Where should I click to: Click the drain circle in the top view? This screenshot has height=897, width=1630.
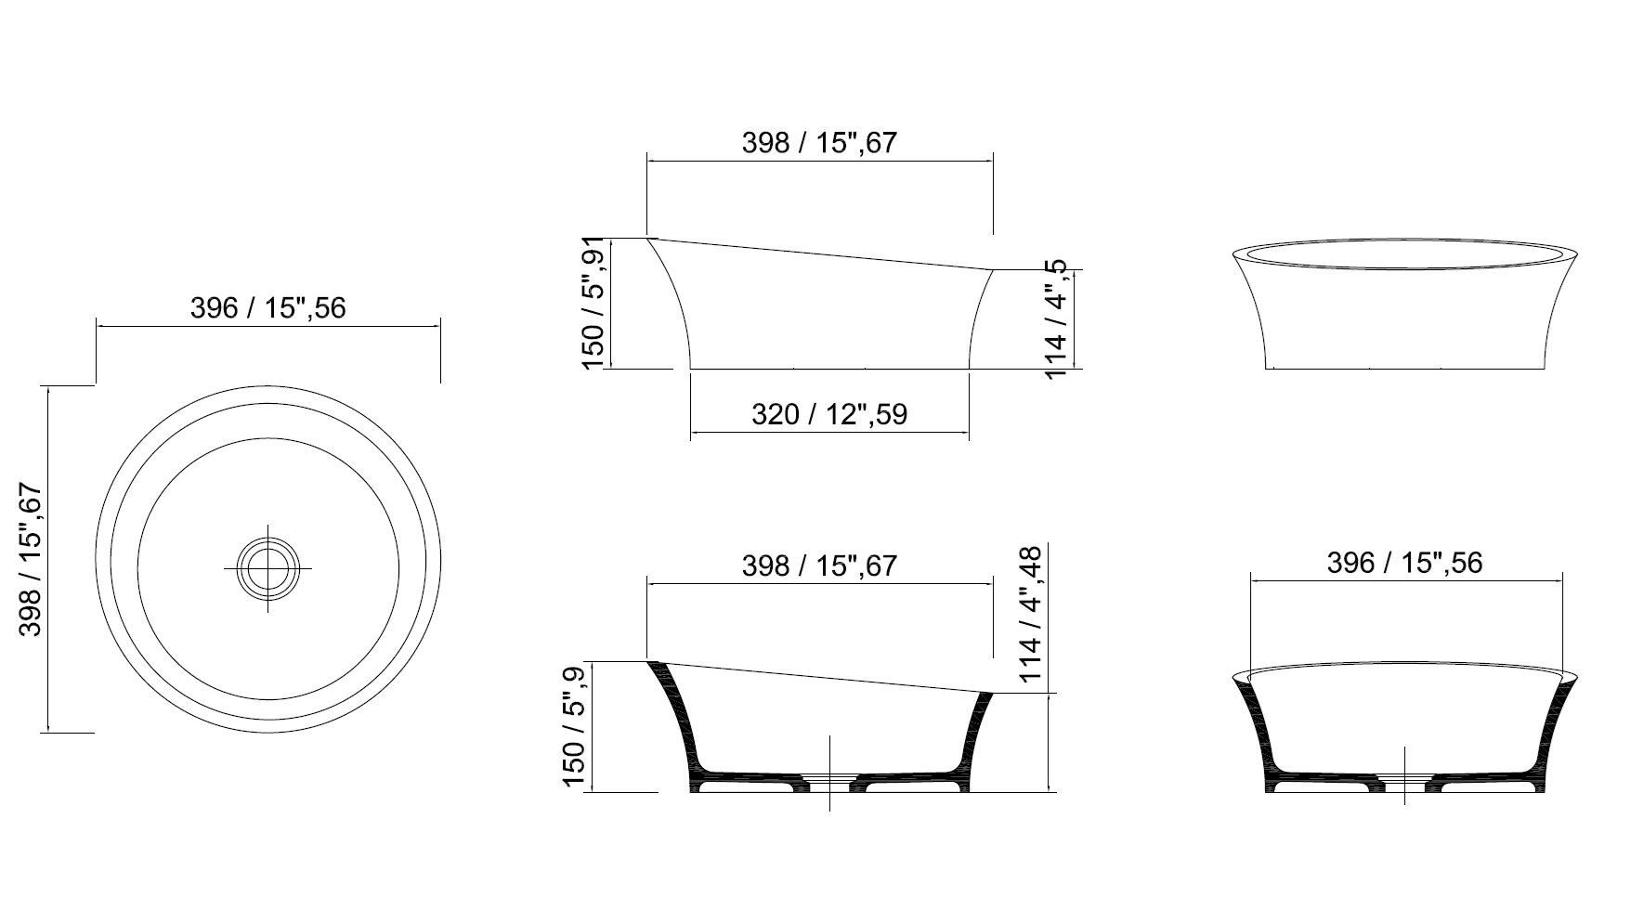(x=268, y=567)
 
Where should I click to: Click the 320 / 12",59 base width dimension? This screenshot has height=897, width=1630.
(x=828, y=414)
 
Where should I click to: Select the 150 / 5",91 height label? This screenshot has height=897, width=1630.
(x=593, y=303)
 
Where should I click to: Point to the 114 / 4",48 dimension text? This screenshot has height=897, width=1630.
(x=1033, y=614)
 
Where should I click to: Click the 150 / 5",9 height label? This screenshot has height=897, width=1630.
(x=575, y=727)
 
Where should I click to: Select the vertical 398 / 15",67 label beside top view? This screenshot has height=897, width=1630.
(x=32, y=559)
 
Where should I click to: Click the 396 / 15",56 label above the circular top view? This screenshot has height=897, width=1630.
(x=267, y=307)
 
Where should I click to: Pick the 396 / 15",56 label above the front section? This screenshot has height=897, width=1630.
(x=1403, y=563)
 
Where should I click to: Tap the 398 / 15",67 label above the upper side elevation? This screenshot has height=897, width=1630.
(x=818, y=142)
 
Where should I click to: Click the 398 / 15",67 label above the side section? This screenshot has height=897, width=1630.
(x=818, y=565)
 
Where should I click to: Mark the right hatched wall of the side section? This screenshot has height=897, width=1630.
(x=974, y=734)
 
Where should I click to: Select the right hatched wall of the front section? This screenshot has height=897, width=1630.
(x=1550, y=734)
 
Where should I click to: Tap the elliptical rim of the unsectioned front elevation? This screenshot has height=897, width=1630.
(x=1403, y=253)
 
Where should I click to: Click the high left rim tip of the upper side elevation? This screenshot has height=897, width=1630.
(x=650, y=239)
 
